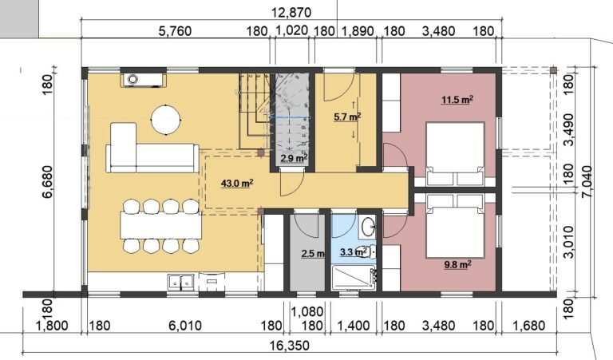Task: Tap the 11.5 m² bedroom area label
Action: [457, 100]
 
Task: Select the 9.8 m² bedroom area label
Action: [457, 265]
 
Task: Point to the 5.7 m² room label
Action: [346, 116]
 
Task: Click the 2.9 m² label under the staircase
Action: [294, 158]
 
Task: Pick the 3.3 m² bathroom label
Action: [354, 251]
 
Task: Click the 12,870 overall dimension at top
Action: [291, 13]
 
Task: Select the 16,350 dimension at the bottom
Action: [289, 346]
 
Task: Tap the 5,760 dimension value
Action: [175, 30]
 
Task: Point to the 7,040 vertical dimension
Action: [587, 183]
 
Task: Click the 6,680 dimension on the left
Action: [47, 182]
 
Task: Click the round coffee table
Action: [166, 120]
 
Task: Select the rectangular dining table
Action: [161, 226]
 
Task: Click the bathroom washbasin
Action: [368, 226]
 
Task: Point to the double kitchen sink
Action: [180, 282]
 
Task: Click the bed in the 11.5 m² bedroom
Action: [455, 154]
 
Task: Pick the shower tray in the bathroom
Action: [354, 278]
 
